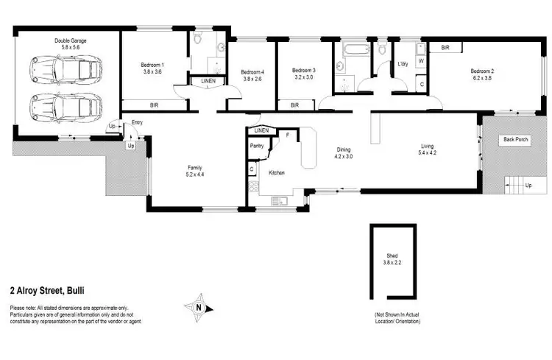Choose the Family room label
194,171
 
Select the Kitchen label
277,172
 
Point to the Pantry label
257,146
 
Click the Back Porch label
514,139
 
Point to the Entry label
137,122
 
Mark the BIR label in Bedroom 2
445,47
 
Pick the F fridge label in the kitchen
288,135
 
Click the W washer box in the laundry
420,62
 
